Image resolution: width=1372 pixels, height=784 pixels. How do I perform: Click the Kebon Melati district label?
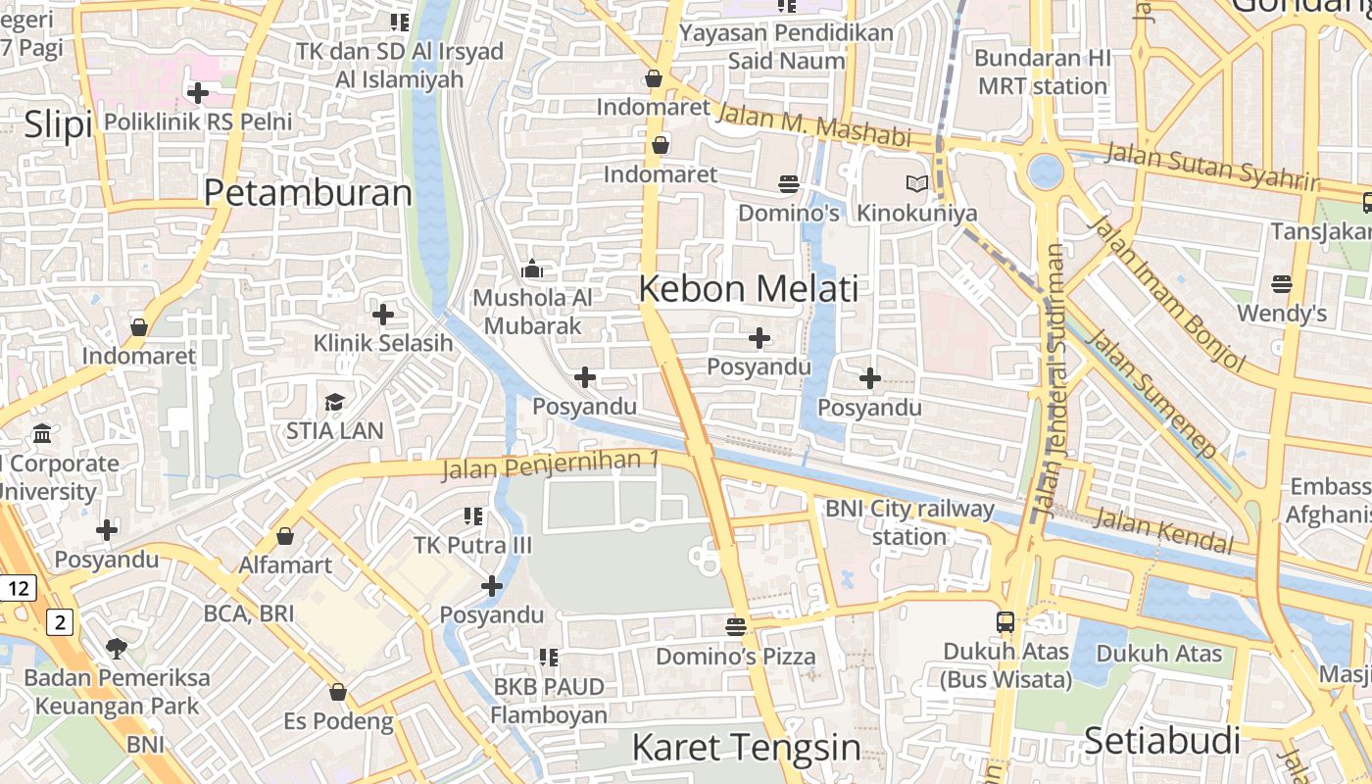click(749, 288)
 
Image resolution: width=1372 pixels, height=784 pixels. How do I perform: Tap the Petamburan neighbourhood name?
click(308, 193)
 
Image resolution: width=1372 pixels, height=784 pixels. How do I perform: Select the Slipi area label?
click(58, 124)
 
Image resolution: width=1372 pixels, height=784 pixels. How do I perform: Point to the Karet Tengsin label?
click(746, 748)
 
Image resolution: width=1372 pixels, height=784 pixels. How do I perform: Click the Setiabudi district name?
click(1161, 741)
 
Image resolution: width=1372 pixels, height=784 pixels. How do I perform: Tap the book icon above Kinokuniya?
click(916, 183)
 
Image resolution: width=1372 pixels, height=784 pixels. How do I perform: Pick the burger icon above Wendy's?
click(1281, 284)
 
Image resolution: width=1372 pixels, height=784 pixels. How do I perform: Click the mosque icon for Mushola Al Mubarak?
click(532, 268)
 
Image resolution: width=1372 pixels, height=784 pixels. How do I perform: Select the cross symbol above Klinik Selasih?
click(383, 315)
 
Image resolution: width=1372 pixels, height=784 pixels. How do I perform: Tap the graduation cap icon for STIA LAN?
click(334, 402)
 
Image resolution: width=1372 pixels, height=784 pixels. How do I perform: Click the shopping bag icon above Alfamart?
click(285, 536)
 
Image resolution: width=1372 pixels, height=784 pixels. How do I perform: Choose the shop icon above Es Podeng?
click(338, 692)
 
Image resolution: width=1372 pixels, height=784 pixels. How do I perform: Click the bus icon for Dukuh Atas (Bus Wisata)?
click(1005, 621)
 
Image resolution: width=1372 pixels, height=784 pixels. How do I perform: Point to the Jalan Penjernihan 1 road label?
click(550, 465)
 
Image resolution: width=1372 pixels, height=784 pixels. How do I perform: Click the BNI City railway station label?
click(909, 522)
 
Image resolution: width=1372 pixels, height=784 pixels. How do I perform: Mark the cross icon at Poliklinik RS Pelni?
click(198, 93)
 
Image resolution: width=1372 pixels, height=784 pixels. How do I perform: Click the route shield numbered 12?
click(18, 588)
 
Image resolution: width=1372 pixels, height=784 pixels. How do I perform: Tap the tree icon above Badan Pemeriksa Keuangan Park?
click(117, 648)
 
